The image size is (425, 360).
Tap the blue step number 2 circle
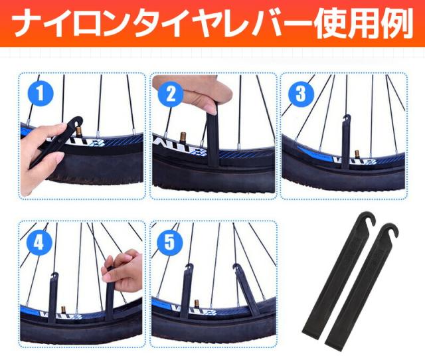(171, 94)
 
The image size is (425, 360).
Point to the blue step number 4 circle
(39, 243)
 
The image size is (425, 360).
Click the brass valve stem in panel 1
(80, 132)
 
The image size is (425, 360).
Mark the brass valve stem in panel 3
(358, 155)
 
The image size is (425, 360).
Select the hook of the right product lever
(390, 230)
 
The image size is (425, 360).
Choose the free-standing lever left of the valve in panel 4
(53, 298)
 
